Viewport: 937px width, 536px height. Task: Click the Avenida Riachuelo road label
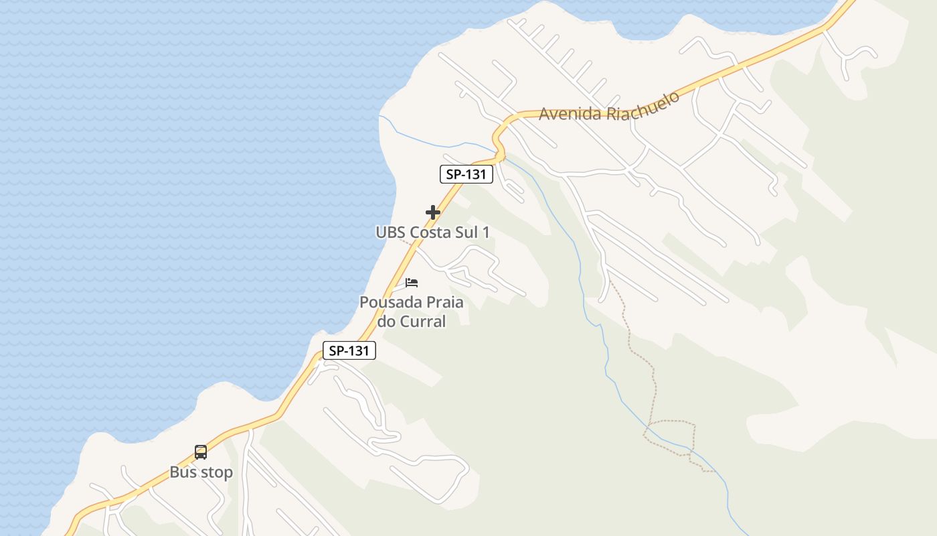[609, 107]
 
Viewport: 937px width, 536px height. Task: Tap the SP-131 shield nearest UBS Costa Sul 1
[466, 175]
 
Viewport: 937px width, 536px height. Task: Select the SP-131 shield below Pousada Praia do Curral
[349, 350]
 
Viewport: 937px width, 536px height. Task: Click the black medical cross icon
[433, 212]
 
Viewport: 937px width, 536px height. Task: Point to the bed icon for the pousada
[412, 283]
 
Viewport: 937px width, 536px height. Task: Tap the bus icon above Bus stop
[201, 452]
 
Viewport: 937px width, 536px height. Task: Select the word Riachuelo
[643, 103]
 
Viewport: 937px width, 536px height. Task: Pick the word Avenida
[570, 113]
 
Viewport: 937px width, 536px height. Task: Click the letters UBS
[391, 232]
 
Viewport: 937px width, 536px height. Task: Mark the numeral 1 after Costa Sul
[486, 232]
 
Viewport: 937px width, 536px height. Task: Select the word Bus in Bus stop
[182, 472]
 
